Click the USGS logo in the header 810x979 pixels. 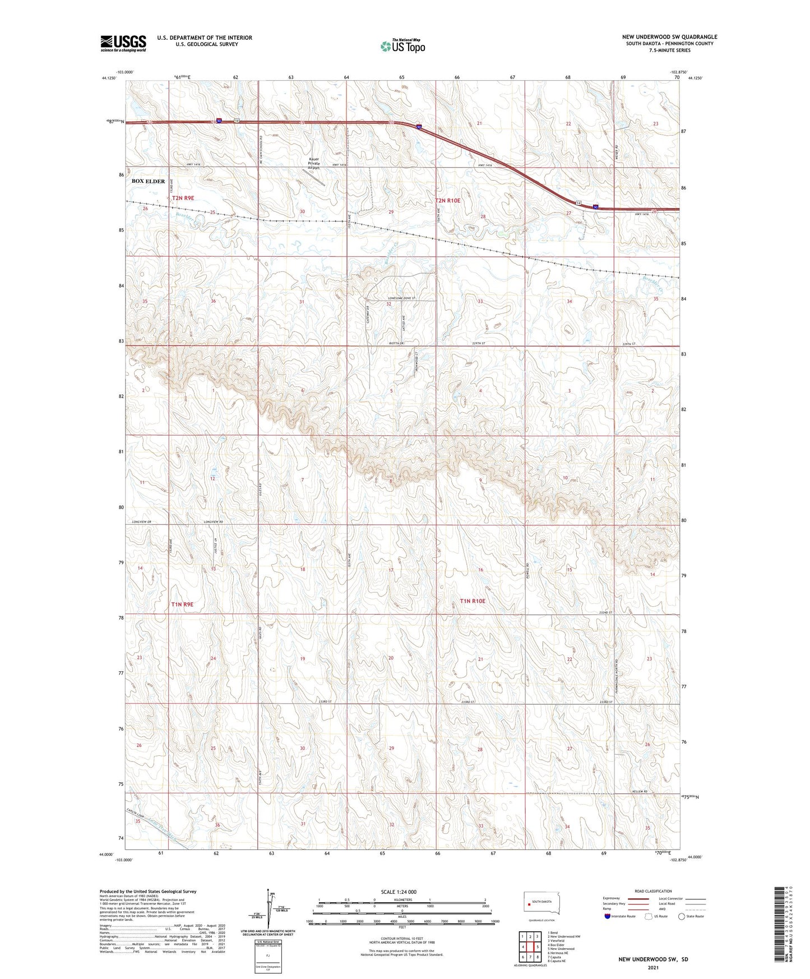pyautogui.click(x=123, y=43)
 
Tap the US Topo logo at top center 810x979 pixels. pyautogui.click(x=402, y=46)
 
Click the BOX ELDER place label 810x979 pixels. pyautogui.click(x=148, y=181)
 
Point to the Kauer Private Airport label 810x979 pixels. pyautogui.click(x=314, y=163)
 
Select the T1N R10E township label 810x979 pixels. pyautogui.click(x=473, y=601)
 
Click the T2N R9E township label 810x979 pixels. pyautogui.click(x=183, y=198)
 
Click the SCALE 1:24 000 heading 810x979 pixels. pyautogui.click(x=399, y=892)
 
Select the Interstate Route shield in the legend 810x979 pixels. pyautogui.click(x=608, y=916)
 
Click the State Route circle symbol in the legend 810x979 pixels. pyautogui.click(x=682, y=916)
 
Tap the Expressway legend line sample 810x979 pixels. pyautogui.click(x=640, y=898)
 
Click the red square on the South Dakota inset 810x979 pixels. pyautogui.click(x=529, y=903)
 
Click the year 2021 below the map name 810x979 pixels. pyautogui.click(x=653, y=967)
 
